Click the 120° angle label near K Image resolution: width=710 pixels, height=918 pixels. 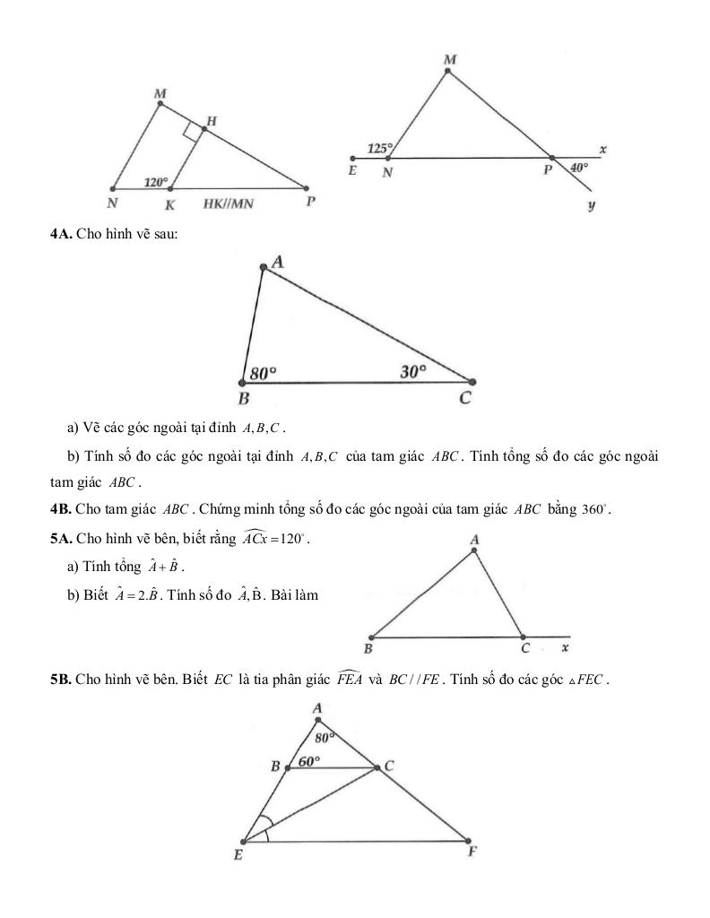157,182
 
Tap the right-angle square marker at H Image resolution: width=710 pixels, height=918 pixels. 191,132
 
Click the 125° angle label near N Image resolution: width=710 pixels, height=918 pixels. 380,147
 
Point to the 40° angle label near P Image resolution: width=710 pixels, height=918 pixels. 580,167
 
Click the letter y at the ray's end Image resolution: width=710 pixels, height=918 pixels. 593,206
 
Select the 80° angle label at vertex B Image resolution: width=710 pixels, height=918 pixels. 264,371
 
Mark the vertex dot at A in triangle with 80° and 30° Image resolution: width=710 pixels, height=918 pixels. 263,266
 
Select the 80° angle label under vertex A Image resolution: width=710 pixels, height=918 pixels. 325,737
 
